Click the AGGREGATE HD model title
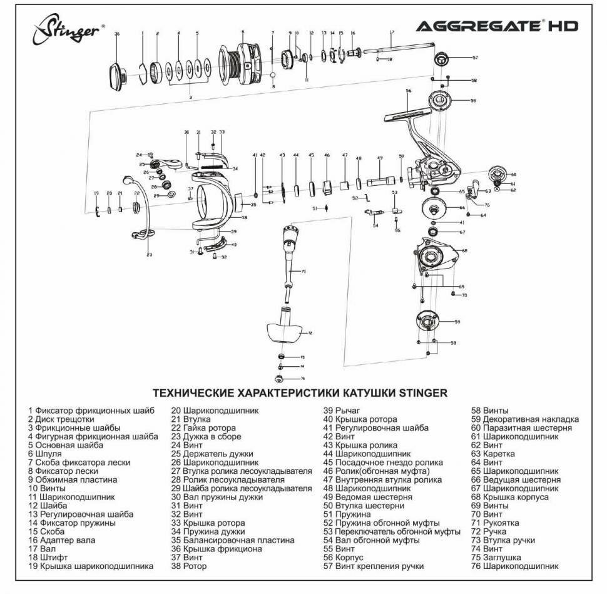[497, 26]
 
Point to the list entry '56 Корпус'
[343, 557]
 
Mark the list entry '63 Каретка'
[493, 454]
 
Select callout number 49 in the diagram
[380, 158]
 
